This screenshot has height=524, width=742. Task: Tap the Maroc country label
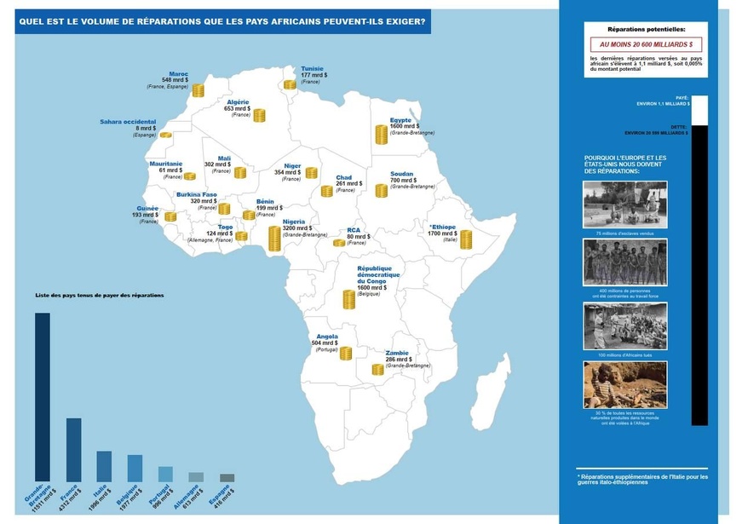179,74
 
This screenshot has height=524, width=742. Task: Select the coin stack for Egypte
382,135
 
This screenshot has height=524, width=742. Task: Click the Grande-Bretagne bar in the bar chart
42,396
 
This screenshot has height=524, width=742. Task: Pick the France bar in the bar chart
74,449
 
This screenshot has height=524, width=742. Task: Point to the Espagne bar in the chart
227,477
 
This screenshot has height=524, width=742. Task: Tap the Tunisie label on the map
312,69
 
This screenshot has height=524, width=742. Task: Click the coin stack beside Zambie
377,369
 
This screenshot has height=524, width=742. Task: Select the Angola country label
326,337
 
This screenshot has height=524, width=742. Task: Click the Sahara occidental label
128,122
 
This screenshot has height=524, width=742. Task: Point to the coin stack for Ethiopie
466,239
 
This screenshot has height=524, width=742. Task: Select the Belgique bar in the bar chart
135,467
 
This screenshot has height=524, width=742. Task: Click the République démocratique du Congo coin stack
348,300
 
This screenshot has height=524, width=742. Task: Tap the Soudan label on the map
401,174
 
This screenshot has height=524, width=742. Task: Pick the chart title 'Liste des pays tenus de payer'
100,295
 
